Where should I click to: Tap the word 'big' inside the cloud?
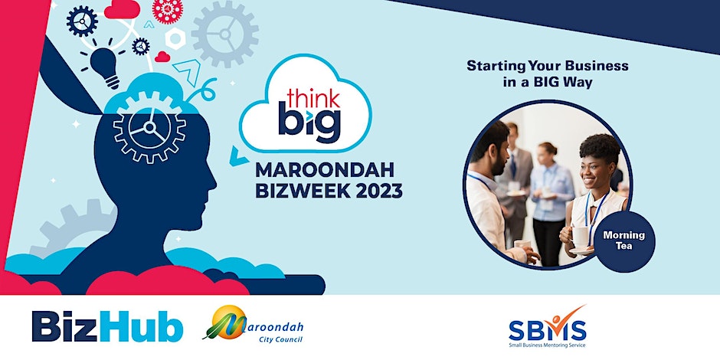click(309, 123)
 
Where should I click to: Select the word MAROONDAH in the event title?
click(325, 170)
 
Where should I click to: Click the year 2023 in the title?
click(378, 191)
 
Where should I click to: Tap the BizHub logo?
click(107, 326)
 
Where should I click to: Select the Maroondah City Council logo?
click(253, 325)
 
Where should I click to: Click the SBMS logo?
click(548, 327)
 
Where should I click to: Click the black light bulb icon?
click(105, 67)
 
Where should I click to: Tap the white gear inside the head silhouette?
click(149, 127)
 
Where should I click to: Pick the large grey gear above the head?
click(225, 34)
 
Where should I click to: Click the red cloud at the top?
click(122, 9)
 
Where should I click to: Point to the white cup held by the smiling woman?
click(580, 237)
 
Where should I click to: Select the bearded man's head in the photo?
click(491, 149)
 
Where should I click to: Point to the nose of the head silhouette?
click(213, 181)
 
